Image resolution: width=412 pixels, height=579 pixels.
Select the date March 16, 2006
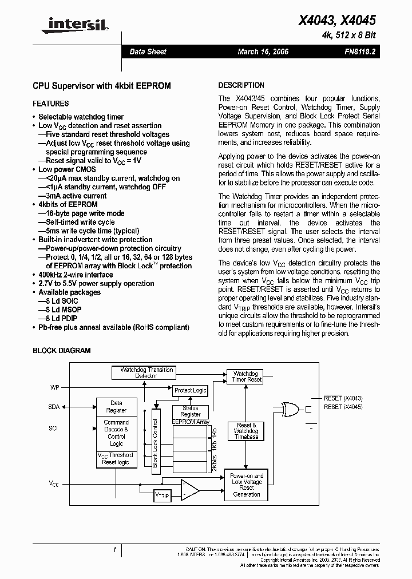click(x=263, y=51)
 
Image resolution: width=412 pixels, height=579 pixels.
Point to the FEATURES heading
click(x=51, y=104)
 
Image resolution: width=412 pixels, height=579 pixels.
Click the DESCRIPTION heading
click(x=241, y=85)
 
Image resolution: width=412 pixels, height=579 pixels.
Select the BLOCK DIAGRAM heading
click(x=61, y=351)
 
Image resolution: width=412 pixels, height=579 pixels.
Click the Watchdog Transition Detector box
click(x=146, y=373)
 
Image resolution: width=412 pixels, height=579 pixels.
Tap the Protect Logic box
click(x=190, y=390)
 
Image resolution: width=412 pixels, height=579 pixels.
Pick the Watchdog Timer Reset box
click(x=247, y=376)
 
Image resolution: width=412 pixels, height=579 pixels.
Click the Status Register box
click(x=190, y=411)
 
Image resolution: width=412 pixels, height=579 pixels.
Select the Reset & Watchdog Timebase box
click(x=247, y=431)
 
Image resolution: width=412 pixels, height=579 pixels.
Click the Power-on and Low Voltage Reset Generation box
click(x=247, y=485)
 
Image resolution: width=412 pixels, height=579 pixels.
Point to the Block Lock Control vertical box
click(x=154, y=438)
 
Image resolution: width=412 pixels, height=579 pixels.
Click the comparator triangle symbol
click(x=189, y=490)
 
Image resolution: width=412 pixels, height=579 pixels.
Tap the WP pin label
click(x=55, y=387)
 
